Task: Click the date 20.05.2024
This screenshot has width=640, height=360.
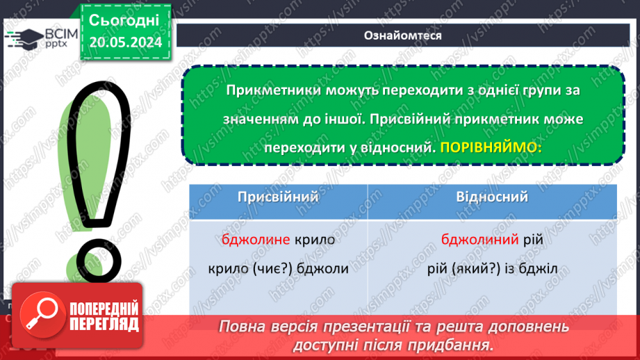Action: coord(125,42)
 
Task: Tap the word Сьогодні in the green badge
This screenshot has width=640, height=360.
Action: coord(124,20)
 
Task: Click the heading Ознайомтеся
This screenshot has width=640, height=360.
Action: coord(403,35)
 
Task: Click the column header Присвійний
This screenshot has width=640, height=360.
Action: coord(278,197)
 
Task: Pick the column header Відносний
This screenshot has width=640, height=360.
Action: coord(492,197)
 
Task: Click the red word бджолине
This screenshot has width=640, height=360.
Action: coord(256,239)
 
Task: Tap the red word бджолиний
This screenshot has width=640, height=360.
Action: coord(479,239)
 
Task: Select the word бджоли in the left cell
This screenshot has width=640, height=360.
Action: coord(322,268)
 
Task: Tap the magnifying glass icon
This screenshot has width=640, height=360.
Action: coord(42,314)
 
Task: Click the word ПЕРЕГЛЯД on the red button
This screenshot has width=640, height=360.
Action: coord(104,325)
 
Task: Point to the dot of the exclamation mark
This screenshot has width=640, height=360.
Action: coord(99,261)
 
